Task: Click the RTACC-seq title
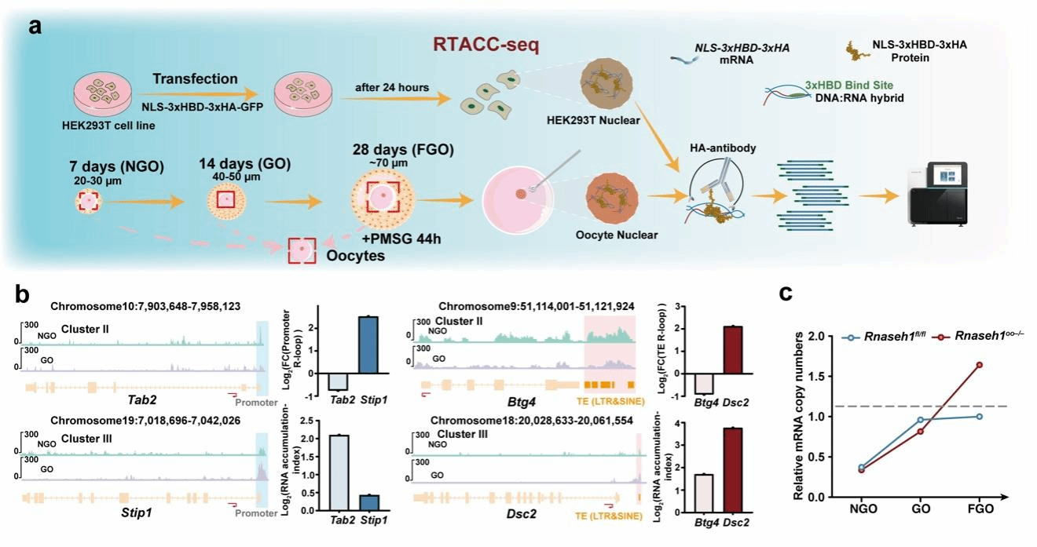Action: click(x=486, y=45)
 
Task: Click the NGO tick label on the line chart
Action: click(x=863, y=509)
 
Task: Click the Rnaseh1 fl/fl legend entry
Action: click(x=885, y=337)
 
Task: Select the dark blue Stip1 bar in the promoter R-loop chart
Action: click(x=368, y=345)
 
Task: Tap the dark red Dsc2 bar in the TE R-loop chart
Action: click(x=732, y=350)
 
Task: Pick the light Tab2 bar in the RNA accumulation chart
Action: click(x=339, y=472)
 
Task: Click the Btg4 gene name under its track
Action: click(x=522, y=402)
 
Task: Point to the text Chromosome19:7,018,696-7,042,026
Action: click(x=145, y=421)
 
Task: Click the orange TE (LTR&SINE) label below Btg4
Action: click(x=610, y=401)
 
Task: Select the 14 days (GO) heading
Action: click(x=245, y=164)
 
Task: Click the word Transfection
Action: click(x=195, y=78)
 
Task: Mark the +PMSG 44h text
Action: click(x=401, y=239)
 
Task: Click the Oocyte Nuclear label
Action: click(x=617, y=235)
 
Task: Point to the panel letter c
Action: click(x=786, y=294)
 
